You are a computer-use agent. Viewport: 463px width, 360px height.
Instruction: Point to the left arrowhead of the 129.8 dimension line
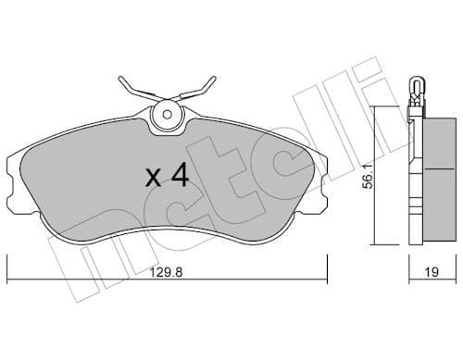coord(10,278)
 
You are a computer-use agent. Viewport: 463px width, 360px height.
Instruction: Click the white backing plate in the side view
coord(414,185)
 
